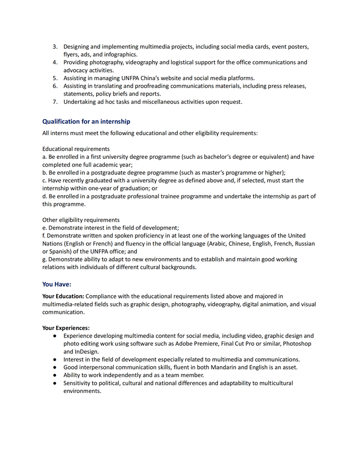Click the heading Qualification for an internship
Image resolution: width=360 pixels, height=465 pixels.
click(86, 122)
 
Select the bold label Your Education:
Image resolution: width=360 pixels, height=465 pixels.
click(63, 296)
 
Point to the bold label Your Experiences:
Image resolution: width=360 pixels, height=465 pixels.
click(66, 327)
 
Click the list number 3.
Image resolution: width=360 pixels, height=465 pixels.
click(55, 47)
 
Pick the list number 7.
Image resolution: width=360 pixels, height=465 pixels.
click(55, 102)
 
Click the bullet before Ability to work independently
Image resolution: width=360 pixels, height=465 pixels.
click(54, 375)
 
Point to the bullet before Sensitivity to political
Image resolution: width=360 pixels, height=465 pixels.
click(54, 383)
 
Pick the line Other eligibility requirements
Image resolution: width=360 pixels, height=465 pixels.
click(81, 220)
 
